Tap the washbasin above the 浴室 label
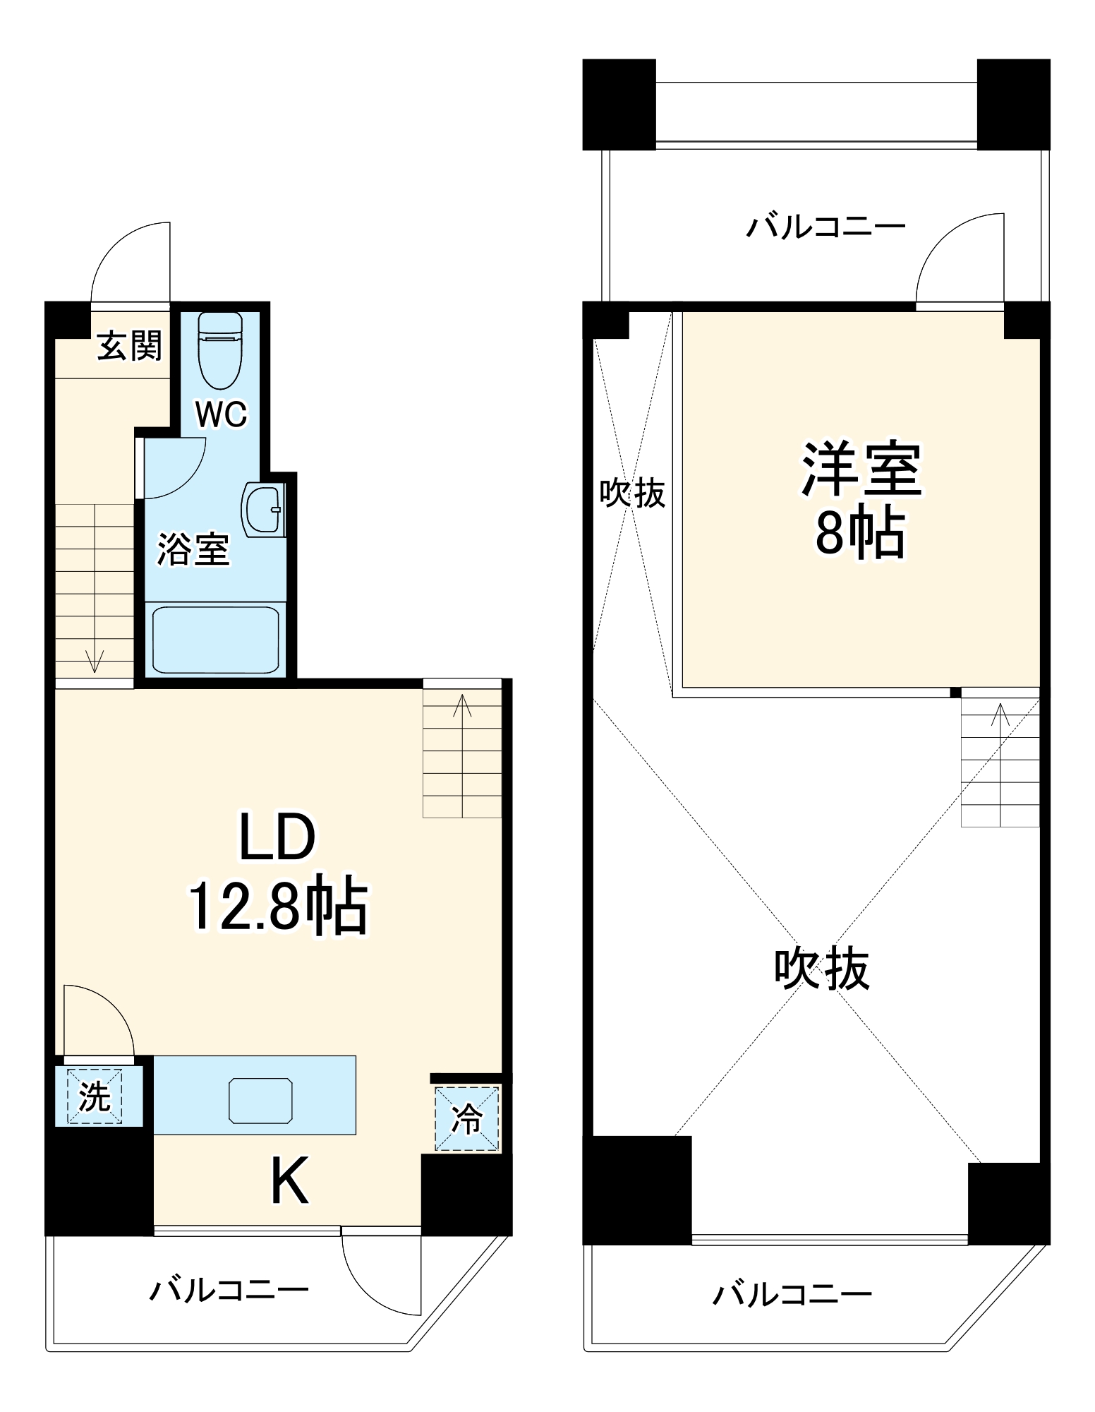click(x=262, y=509)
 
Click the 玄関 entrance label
click(x=130, y=345)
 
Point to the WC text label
click(x=222, y=414)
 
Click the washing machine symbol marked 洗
click(x=95, y=1096)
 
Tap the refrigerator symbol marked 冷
click(x=466, y=1118)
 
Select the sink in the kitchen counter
click(x=260, y=1100)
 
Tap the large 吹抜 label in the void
click(x=821, y=968)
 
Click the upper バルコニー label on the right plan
click(x=825, y=227)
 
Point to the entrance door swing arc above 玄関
click(x=124, y=254)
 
